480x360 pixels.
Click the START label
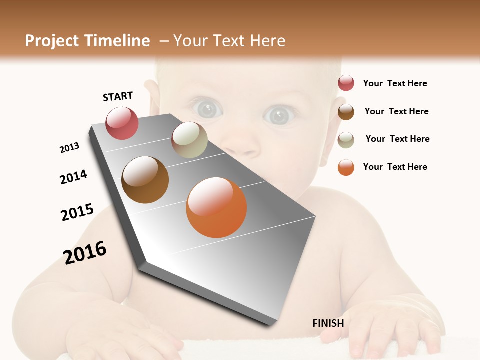pyautogui.click(x=118, y=96)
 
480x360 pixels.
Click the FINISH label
pyautogui.click(x=328, y=323)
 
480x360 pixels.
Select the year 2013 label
pyautogui.click(x=70, y=148)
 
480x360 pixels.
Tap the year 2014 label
pyautogui.click(x=73, y=177)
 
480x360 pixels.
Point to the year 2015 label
pyautogui.click(x=77, y=212)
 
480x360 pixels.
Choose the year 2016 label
pyautogui.click(x=85, y=252)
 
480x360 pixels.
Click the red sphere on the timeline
pyautogui.click(x=122, y=123)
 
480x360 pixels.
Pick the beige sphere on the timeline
pyautogui.click(x=189, y=140)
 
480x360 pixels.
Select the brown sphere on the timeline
pyautogui.click(x=145, y=180)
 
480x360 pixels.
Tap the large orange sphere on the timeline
pyautogui.click(x=216, y=207)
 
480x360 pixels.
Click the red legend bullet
pyautogui.click(x=346, y=83)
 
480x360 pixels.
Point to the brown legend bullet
pyautogui.click(x=346, y=111)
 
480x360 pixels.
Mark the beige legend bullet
pyautogui.click(x=346, y=139)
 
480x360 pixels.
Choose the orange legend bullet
pyautogui.click(x=346, y=167)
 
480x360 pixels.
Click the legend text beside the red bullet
pyautogui.click(x=395, y=83)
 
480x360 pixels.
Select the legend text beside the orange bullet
pyautogui.click(x=395, y=167)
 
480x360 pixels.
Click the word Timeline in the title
pyautogui.click(x=117, y=41)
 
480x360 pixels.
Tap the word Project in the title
pyautogui.click(x=52, y=41)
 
